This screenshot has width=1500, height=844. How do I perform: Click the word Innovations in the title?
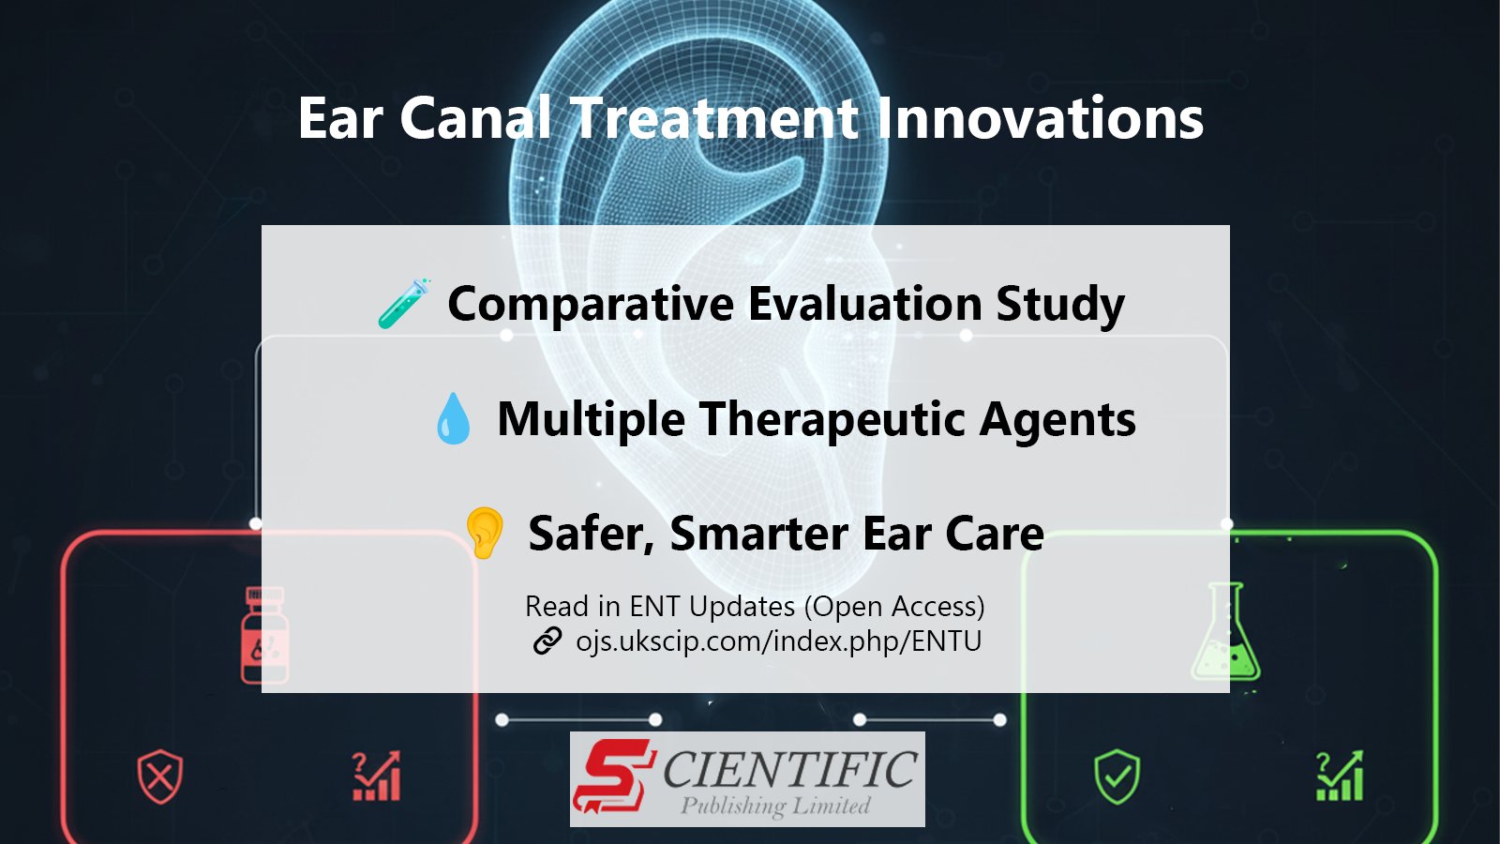[1040, 118]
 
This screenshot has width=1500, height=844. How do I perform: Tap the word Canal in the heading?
[475, 118]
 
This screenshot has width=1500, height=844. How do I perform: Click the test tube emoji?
[404, 304]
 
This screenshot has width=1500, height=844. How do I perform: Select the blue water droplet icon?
[454, 418]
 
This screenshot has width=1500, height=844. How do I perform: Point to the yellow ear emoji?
[484, 533]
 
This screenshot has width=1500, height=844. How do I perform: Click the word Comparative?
[591, 305]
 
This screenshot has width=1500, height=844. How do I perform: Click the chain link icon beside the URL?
[547, 641]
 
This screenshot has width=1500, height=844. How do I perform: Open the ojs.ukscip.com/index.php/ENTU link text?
[779, 641]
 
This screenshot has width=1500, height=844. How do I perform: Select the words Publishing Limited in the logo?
[775, 806]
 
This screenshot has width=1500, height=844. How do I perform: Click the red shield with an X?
[160, 777]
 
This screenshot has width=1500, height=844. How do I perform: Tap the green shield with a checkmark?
[1117, 777]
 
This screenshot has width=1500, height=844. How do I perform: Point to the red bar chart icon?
[376, 776]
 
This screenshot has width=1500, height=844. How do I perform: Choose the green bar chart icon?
[1340, 776]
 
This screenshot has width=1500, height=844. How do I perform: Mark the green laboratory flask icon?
[1225, 631]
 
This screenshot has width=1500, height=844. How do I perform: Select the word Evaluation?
[864, 304]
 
